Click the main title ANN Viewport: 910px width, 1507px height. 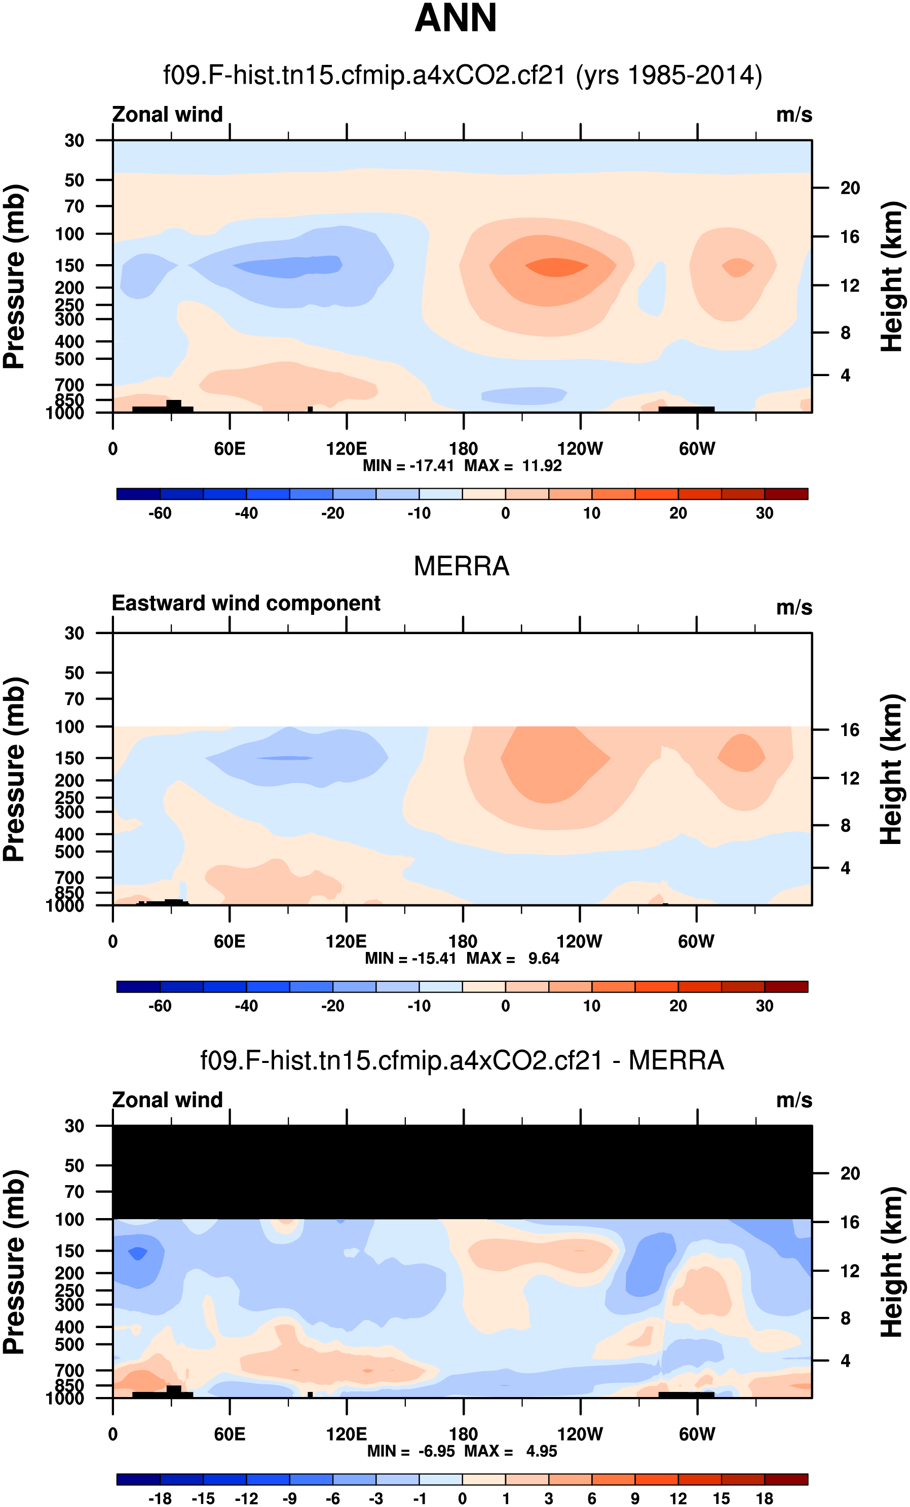click(456, 18)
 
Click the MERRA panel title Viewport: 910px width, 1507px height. click(462, 566)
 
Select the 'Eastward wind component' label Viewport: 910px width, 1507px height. click(246, 603)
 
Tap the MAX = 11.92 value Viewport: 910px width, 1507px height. click(513, 465)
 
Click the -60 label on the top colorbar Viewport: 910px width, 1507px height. click(160, 513)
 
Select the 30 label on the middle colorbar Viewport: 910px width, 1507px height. click(765, 1006)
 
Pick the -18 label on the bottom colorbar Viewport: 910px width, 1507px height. click(160, 1498)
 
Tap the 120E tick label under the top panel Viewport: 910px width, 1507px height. click(347, 449)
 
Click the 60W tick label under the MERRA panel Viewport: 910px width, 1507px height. click(696, 941)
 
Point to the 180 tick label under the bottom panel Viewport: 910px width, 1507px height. click(463, 1434)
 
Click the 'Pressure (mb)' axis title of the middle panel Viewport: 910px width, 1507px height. click(15, 769)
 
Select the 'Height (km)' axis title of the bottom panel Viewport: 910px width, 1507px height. click(892, 1262)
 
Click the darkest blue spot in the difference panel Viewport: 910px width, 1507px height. click(137, 1253)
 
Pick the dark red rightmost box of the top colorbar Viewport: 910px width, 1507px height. click(786, 494)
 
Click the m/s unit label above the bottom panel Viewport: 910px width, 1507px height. click(794, 1100)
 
